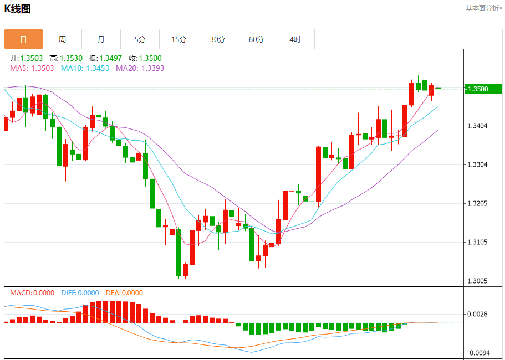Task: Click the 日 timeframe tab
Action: [x=23, y=39]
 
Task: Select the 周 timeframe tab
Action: [x=62, y=39]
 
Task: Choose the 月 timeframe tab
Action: [x=101, y=39]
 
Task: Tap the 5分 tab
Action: [x=140, y=39]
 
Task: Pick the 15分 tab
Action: [x=178, y=39]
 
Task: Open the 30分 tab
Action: [x=217, y=39]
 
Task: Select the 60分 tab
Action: [x=256, y=39]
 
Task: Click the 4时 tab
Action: [x=295, y=39]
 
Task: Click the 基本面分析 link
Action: [x=483, y=8]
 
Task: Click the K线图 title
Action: [x=17, y=9]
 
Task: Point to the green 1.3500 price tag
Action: [x=482, y=89]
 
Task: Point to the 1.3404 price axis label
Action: [x=478, y=126]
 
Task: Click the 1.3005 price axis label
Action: [x=478, y=281]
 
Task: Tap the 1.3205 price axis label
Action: [x=478, y=204]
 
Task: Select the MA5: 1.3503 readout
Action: [x=32, y=68]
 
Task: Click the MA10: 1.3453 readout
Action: [x=85, y=68]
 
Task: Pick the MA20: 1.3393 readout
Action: [x=140, y=68]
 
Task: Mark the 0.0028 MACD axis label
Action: [x=478, y=315]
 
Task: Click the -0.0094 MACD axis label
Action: [x=478, y=353]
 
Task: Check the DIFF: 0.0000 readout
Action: [x=80, y=293]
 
